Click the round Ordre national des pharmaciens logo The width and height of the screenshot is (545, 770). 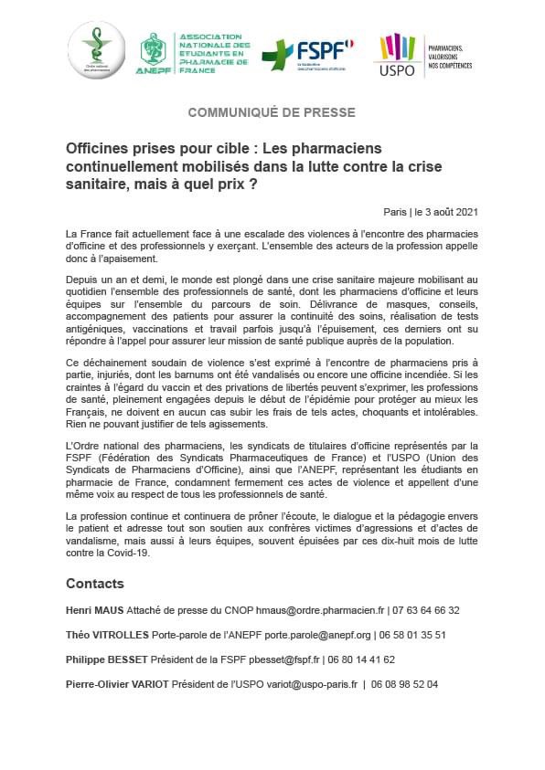[x=96, y=51]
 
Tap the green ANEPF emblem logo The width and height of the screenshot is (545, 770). [x=153, y=51]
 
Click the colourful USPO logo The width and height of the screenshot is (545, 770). [x=398, y=54]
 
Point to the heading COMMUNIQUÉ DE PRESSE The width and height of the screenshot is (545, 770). [x=272, y=112]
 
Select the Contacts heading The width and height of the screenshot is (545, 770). [x=94, y=584]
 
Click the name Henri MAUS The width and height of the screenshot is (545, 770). [x=94, y=610]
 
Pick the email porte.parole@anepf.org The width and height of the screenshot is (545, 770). [x=333, y=635]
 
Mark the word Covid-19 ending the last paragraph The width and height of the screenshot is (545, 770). [x=123, y=553]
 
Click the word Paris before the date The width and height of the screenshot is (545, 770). [x=397, y=211]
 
